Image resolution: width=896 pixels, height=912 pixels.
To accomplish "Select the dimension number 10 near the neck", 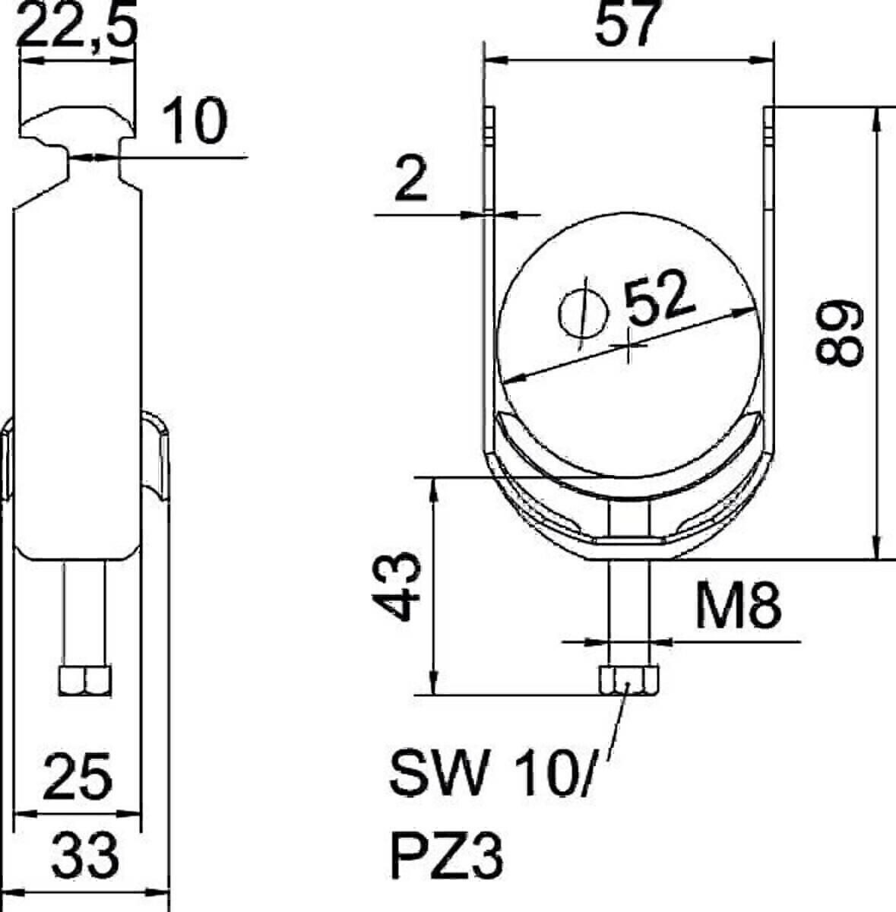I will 196,122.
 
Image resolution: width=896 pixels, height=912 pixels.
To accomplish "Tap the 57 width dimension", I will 624,24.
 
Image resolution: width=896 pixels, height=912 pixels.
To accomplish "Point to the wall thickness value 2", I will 411,181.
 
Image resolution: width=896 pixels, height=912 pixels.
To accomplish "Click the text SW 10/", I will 490,773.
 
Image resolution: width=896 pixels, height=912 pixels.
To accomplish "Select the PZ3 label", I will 446,856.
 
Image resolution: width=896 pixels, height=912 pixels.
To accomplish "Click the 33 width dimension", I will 86,855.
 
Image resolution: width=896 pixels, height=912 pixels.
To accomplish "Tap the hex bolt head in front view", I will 628,680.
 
